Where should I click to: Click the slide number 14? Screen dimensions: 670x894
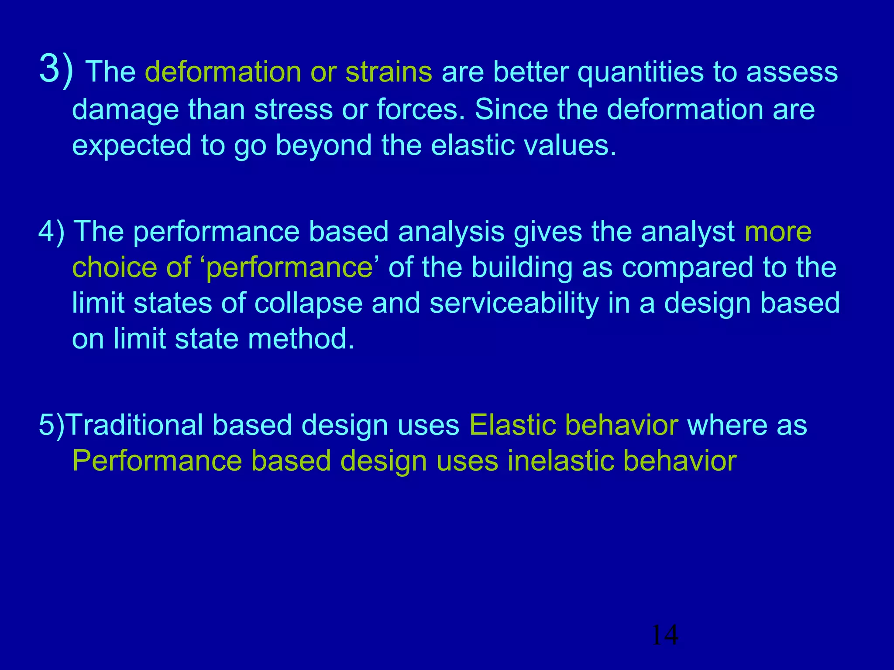[x=664, y=635]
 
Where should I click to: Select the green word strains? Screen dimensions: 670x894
[x=389, y=72]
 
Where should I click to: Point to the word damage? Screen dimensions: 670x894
[x=125, y=110]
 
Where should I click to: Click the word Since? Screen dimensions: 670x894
[x=511, y=109]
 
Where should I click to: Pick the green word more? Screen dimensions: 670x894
[x=778, y=232]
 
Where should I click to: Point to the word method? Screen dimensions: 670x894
[x=301, y=339]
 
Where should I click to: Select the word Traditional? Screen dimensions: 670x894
[x=135, y=425]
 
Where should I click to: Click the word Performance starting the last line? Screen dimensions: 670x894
[x=157, y=461]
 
